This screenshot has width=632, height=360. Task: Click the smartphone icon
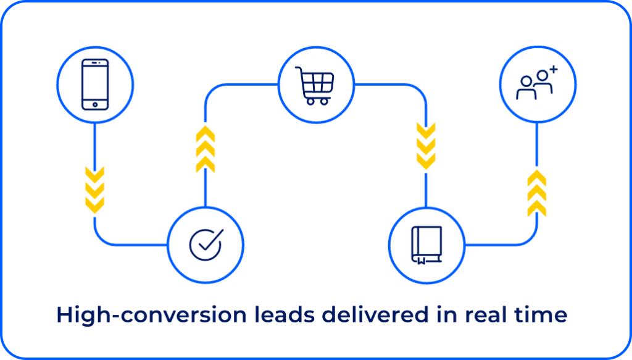coord(94,84)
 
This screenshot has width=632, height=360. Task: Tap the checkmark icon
coord(206,245)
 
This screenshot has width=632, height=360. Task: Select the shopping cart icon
coord(315,85)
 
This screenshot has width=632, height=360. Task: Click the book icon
coord(426,245)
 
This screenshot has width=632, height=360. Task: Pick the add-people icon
coord(536,84)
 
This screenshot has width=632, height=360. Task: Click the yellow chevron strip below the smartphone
coord(94,191)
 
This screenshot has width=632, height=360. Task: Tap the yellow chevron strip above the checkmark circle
coord(206,148)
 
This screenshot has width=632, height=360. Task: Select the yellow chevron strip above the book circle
coord(426,148)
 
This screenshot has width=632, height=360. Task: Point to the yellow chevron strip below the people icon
coord(537,191)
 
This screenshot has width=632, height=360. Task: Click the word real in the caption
coord(485,316)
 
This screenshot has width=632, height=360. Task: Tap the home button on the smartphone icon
coord(94,105)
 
